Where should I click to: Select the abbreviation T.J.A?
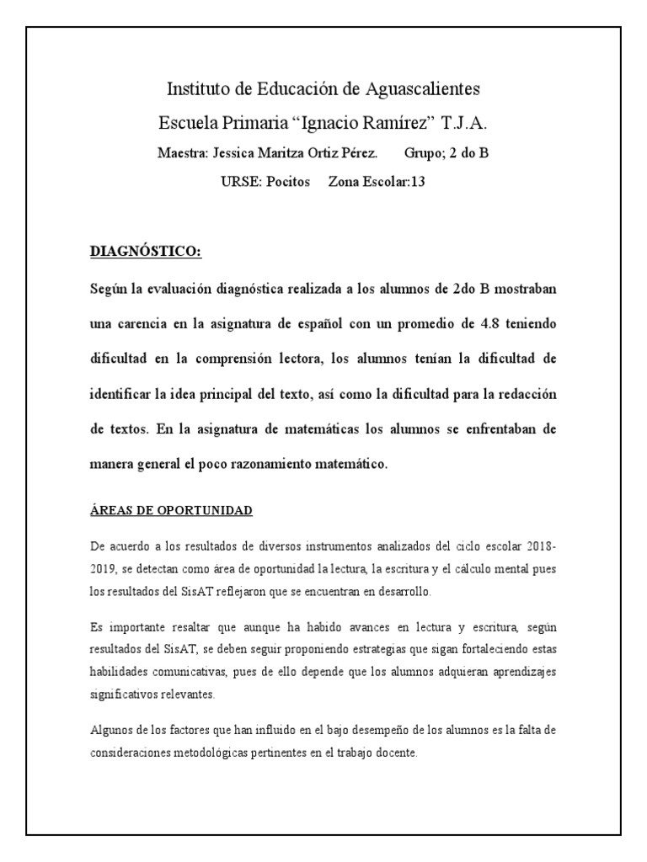(x=464, y=122)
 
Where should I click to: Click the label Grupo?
(x=429, y=154)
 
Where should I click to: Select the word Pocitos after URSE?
(x=289, y=181)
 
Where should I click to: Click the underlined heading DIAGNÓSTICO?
(x=146, y=252)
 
